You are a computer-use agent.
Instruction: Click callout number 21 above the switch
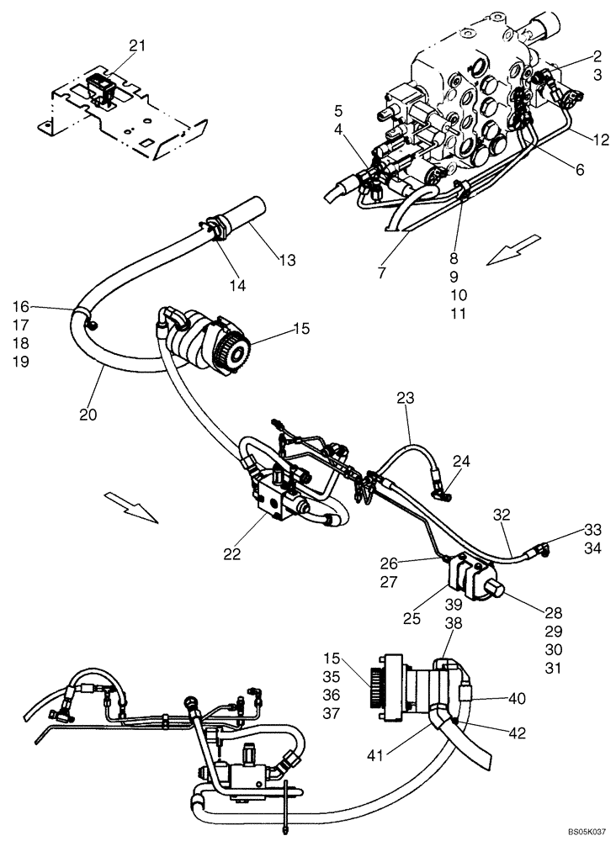[x=137, y=45]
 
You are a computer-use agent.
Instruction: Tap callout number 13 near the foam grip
[x=288, y=261]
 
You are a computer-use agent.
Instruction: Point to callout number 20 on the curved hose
[x=89, y=414]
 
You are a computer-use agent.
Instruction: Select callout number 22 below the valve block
[x=232, y=554]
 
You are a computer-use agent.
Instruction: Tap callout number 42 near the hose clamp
[x=517, y=733]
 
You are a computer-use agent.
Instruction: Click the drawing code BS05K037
[x=581, y=832]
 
